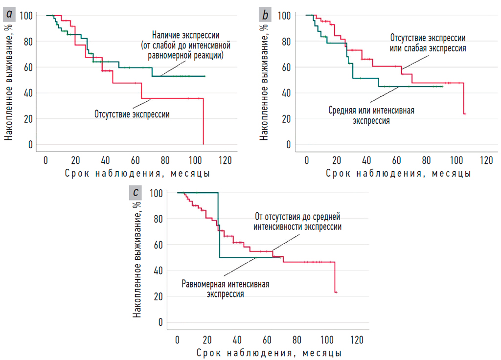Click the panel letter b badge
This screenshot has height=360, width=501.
(265, 15)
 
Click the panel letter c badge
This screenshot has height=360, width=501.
(135, 192)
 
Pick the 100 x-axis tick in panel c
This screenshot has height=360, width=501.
(327, 340)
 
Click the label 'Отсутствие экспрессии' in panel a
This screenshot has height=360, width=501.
(132, 114)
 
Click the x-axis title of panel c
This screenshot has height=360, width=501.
(269, 352)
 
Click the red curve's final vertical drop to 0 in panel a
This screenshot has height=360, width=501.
(203, 122)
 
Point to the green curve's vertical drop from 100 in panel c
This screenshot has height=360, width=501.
(218, 225)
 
